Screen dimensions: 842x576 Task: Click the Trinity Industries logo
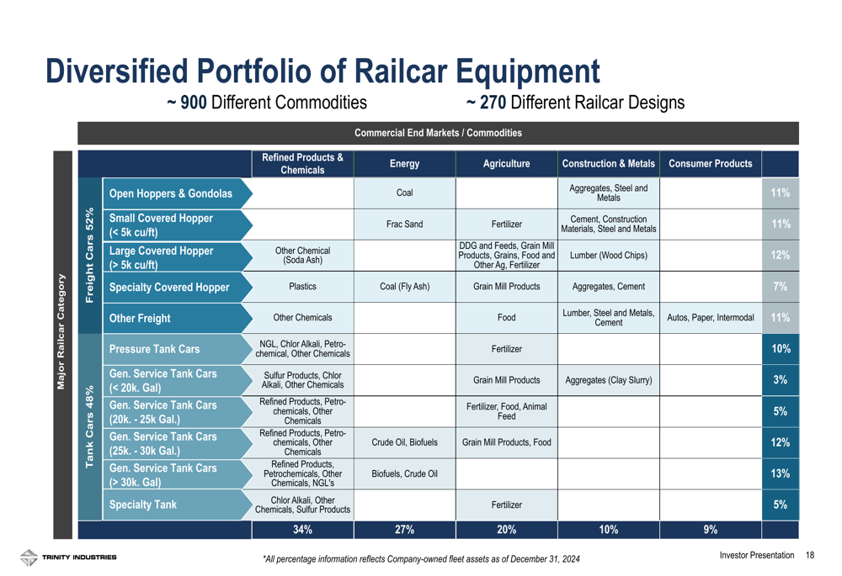[68, 558]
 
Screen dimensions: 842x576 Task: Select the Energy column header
[404, 164]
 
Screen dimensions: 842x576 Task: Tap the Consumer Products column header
[711, 164]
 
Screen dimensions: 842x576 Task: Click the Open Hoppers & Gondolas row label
[171, 193]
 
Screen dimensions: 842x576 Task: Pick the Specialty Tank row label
[143, 505]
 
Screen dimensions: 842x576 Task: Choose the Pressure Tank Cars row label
[154, 349]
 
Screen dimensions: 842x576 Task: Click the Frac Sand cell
[404, 225]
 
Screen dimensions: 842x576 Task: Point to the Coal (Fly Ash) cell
[404, 287]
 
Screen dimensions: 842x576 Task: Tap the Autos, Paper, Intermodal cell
[711, 318]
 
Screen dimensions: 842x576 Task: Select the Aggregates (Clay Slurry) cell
[609, 380]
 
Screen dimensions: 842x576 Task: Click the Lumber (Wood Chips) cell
[609, 256]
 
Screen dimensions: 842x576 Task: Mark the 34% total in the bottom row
[302, 530]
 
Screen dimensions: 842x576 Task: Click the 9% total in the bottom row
[711, 530]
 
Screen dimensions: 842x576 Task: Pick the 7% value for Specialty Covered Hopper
[781, 287]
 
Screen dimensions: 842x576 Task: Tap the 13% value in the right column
[781, 473]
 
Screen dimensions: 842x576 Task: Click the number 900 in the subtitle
[194, 103]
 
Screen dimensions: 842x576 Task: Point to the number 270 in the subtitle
[493, 103]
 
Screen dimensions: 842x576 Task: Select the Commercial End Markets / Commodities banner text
[438, 133]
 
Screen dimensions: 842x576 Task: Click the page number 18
[810, 555]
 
